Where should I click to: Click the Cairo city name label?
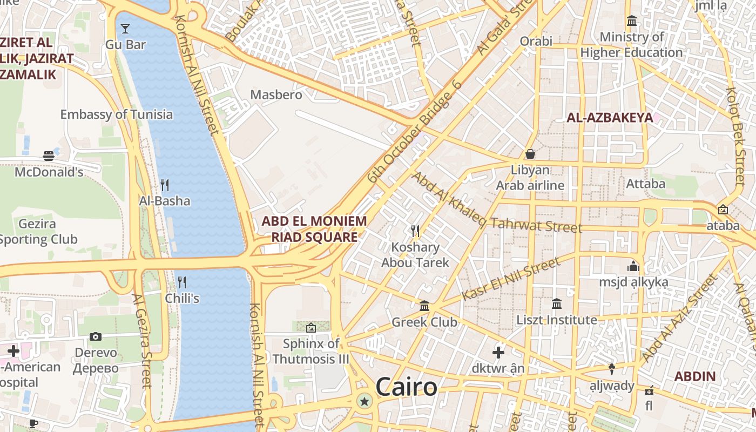click(406, 387)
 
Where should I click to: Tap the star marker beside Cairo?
click(365, 401)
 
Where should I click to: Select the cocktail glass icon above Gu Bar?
click(125, 29)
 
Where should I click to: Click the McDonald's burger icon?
click(49, 156)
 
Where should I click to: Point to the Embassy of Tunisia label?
click(116, 114)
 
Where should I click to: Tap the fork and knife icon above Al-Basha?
click(165, 185)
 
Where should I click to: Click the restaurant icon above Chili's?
click(182, 282)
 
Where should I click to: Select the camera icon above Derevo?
click(96, 337)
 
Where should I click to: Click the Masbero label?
click(276, 94)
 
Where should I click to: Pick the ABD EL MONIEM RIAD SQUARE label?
click(314, 229)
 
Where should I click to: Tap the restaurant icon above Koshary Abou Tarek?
click(415, 231)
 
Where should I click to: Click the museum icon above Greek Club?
click(424, 306)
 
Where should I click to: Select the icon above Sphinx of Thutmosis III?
click(311, 328)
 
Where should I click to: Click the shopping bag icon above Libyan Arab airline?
click(530, 154)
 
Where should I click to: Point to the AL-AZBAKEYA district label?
click(609, 117)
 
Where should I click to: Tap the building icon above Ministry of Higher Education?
click(631, 21)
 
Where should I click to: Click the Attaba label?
click(645, 184)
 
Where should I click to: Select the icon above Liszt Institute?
click(557, 304)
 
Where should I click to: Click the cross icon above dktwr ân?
click(498, 353)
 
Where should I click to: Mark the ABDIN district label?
click(696, 376)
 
